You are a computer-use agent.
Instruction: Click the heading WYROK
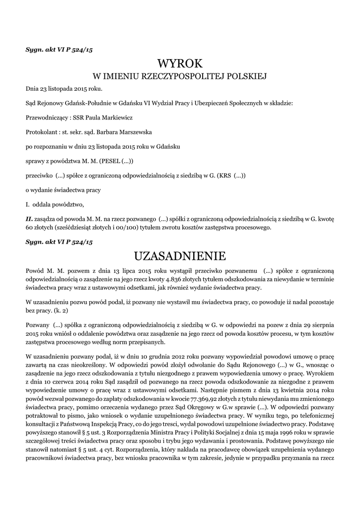pos(180,63)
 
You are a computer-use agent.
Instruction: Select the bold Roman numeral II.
pos(29,219)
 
